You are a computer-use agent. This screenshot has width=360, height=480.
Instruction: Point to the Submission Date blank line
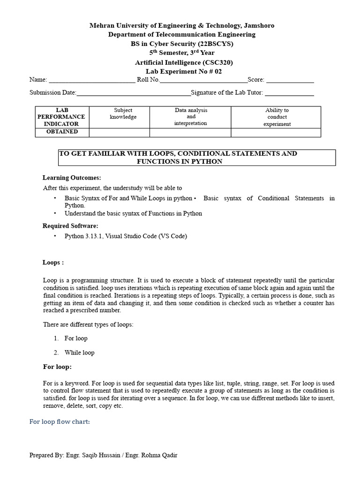click(x=134, y=93)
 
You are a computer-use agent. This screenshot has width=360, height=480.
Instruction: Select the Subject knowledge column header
click(x=119, y=114)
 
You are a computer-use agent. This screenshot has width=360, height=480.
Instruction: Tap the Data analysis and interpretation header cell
click(x=190, y=117)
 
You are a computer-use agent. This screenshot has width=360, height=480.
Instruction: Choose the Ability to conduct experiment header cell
click(x=277, y=117)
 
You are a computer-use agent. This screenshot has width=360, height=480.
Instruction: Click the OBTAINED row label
click(x=62, y=132)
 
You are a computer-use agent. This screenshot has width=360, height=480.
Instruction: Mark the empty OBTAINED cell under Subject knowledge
click(x=119, y=132)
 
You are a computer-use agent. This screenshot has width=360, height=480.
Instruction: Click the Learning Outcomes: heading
click(x=72, y=178)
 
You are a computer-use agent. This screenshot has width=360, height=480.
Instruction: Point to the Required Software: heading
click(x=70, y=226)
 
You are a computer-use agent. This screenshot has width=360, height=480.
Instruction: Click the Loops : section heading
click(x=53, y=262)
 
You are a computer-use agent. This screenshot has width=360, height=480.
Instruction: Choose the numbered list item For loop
click(x=76, y=338)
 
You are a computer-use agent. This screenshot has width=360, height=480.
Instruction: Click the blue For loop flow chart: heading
click(x=60, y=422)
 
